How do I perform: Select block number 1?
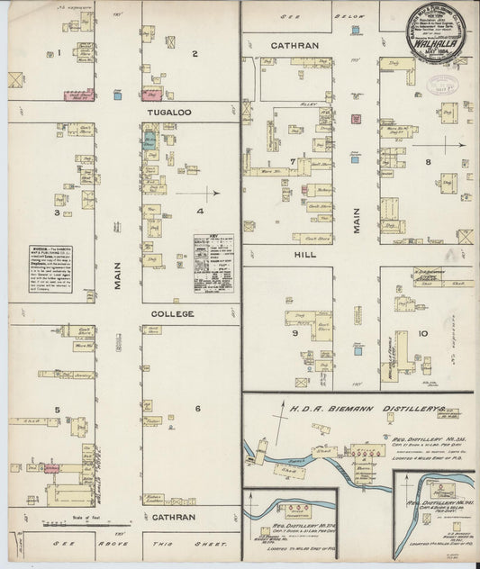(x=59, y=53)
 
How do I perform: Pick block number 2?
(x=194, y=53)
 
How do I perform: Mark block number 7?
(x=293, y=161)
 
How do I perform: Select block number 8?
(x=429, y=161)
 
